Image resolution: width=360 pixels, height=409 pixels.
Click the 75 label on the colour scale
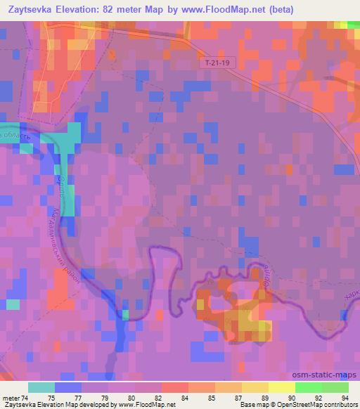[x=53, y=397]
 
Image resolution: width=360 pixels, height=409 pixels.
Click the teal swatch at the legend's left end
[x=41, y=387]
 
